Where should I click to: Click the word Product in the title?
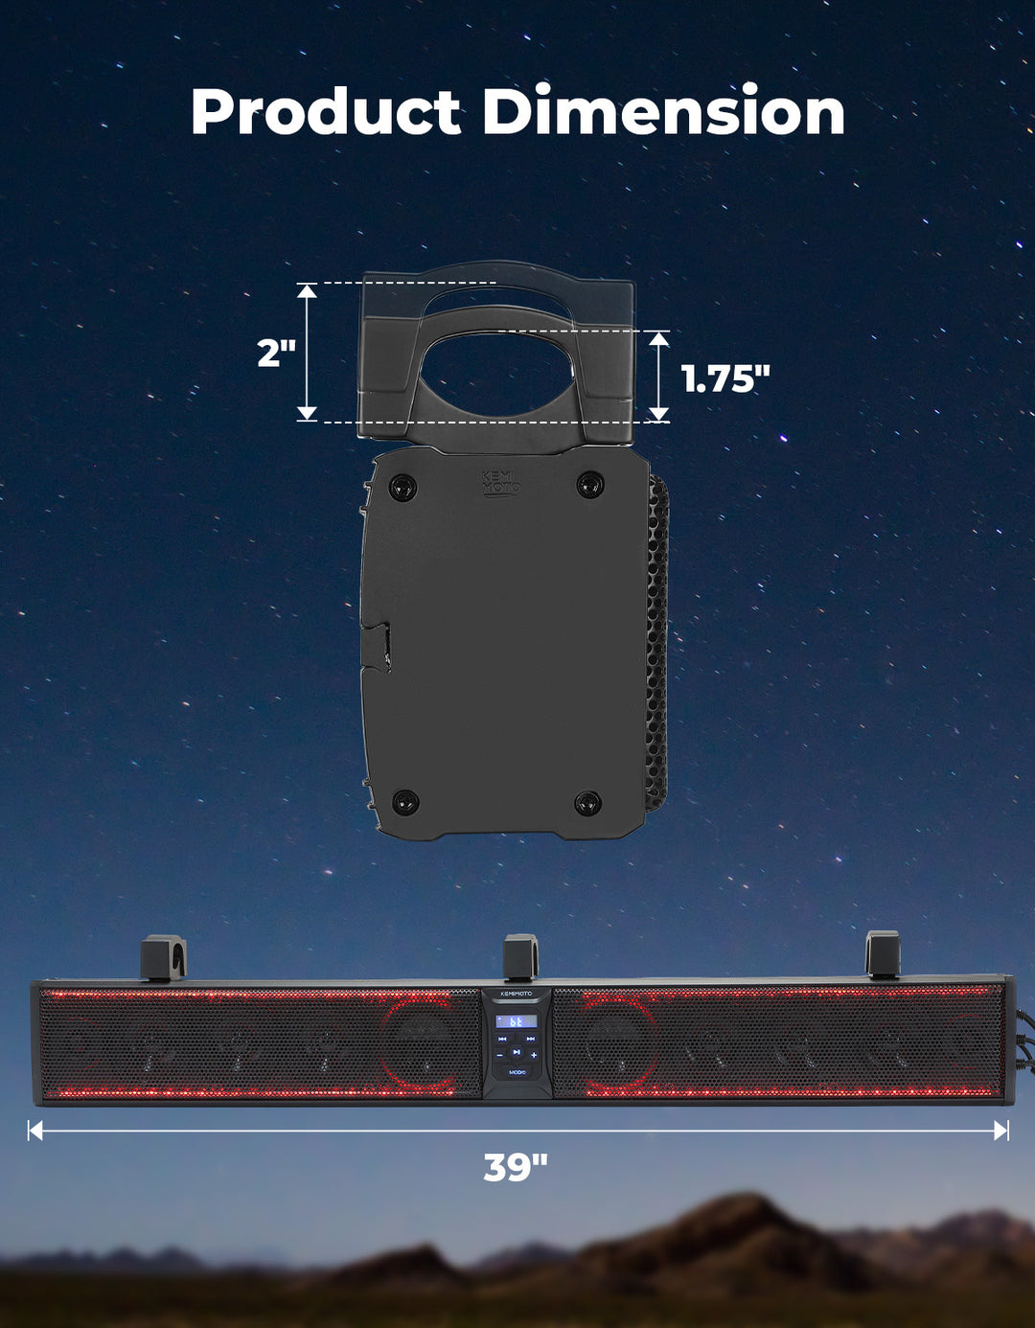point(326,110)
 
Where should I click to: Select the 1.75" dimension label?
point(725,378)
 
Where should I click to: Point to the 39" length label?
point(516,1167)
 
